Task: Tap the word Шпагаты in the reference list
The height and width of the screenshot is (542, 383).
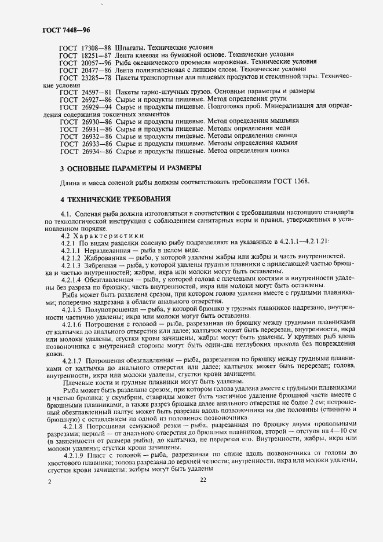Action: coord(133,46)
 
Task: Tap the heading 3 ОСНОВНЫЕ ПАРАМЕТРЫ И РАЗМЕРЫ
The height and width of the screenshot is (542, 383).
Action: coord(131,169)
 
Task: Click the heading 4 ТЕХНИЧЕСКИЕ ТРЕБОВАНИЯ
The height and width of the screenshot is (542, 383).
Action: coord(115,199)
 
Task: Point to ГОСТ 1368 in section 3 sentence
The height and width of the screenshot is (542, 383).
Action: coord(294,183)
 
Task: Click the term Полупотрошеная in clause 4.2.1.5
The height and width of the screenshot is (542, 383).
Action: coord(116,312)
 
